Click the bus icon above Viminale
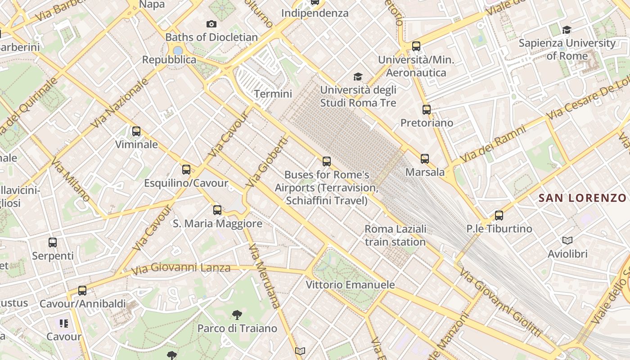pos(136,131)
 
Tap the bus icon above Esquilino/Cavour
pos(186,170)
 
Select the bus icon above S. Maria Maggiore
pos(217,210)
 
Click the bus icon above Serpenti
pos(53,243)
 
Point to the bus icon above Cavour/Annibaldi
pos(82,290)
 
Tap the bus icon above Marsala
pos(425,158)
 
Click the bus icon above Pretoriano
pos(427,109)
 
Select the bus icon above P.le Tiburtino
pos(499,215)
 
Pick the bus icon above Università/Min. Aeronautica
pos(416,46)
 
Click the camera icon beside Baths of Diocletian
pos(211,24)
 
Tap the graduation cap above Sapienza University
pos(567,30)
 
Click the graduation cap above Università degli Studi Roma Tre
pos(358,76)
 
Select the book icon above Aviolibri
pos(567,240)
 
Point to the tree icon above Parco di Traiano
pos(237,315)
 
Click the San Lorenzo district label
pos(582,198)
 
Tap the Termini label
pos(273,94)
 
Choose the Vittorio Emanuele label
pos(350,285)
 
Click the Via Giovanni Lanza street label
pos(181,268)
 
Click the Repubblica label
pos(169,60)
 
